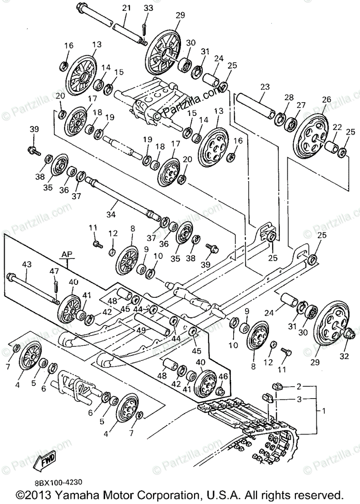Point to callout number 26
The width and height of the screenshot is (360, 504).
click(326, 100)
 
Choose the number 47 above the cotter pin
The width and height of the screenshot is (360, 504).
click(55, 272)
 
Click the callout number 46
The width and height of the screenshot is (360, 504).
click(223, 377)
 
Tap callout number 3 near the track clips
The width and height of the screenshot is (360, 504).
click(299, 399)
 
